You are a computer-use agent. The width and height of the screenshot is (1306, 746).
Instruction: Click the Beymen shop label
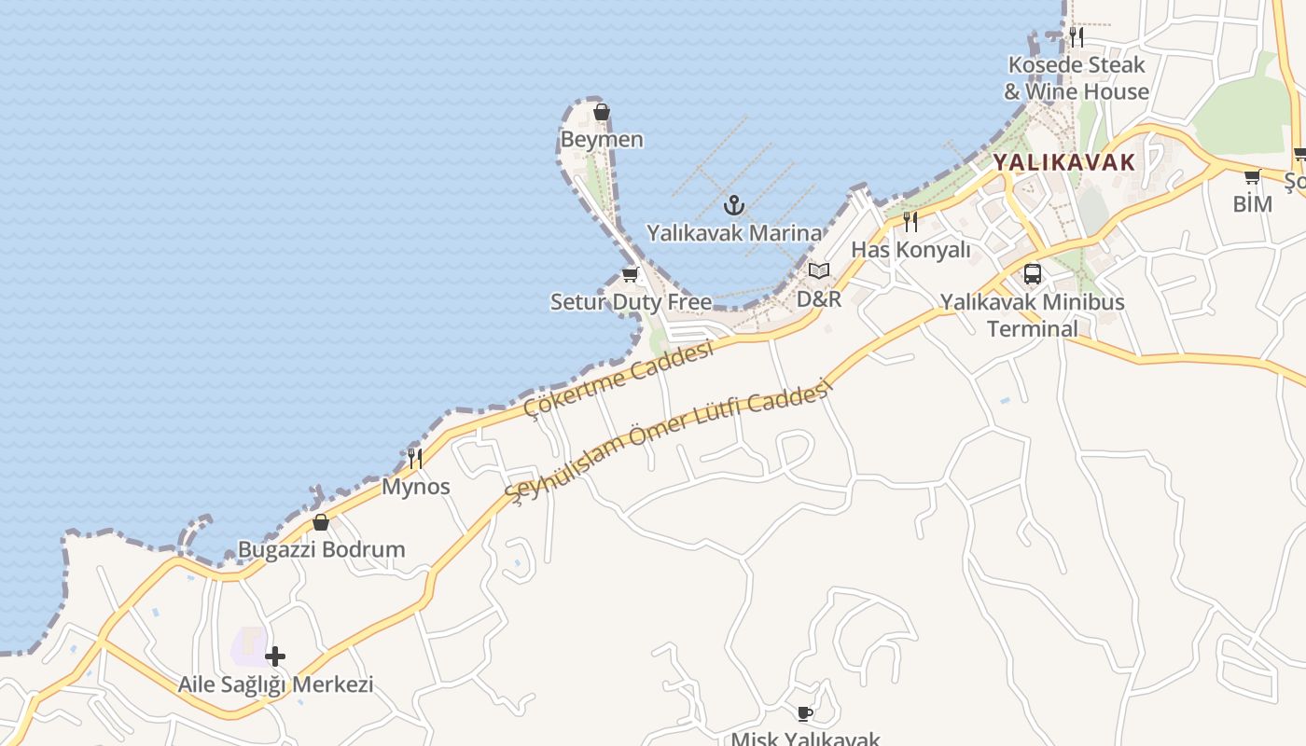tap(602, 140)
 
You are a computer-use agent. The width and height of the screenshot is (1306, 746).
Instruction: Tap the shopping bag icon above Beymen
tap(602, 113)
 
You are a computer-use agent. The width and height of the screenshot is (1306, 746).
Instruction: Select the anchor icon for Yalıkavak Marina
tap(735, 204)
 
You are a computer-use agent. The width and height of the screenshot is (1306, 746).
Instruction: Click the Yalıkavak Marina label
tap(735, 233)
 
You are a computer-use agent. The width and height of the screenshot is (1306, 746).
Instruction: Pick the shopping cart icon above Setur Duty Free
tap(630, 275)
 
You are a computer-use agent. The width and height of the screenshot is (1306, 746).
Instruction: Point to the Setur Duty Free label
tap(631, 302)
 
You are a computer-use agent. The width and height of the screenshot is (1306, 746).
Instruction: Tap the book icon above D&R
tap(819, 271)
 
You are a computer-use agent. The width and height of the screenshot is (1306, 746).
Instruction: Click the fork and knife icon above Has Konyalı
tap(910, 222)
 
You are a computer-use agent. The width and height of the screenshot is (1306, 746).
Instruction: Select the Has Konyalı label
tap(910, 250)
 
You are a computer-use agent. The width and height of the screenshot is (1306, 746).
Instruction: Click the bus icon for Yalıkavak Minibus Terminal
tap(1033, 274)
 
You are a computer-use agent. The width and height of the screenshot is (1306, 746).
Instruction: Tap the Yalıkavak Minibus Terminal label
tap(1033, 315)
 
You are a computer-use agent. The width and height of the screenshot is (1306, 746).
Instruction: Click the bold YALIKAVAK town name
tap(1063, 162)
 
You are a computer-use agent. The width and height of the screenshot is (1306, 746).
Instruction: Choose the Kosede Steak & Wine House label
tap(1077, 78)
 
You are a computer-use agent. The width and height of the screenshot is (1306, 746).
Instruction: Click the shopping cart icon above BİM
tap(1252, 176)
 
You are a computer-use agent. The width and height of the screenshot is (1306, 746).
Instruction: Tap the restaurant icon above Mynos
tap(415, 458)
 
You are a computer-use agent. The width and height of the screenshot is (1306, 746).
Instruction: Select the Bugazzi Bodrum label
tap(322, 549)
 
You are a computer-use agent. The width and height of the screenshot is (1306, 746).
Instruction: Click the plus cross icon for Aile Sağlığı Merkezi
tap(275, 656)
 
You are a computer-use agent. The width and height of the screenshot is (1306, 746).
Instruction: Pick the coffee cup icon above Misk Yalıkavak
tap(805, 714)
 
